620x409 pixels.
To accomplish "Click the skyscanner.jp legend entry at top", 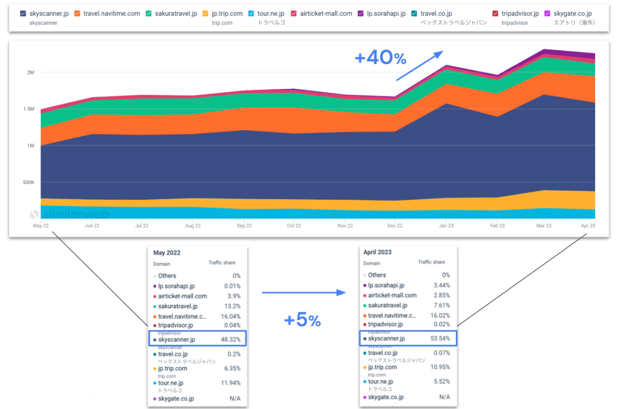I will click(x=48, y=13).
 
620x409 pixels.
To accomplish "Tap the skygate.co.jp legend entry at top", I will click(x=572, y=13).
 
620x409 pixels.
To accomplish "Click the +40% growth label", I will click(x=380, y=59).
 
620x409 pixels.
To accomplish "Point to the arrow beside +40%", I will click(x=419, y=65).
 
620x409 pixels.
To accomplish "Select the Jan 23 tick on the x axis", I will click(x=446, y=226).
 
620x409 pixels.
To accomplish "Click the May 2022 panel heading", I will click(x=167, y=252).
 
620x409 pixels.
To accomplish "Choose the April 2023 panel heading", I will click(x=379, y=252).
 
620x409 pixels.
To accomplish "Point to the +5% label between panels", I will click(x=302, y=321).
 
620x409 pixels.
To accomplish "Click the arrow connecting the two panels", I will click(x=303, y=293).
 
